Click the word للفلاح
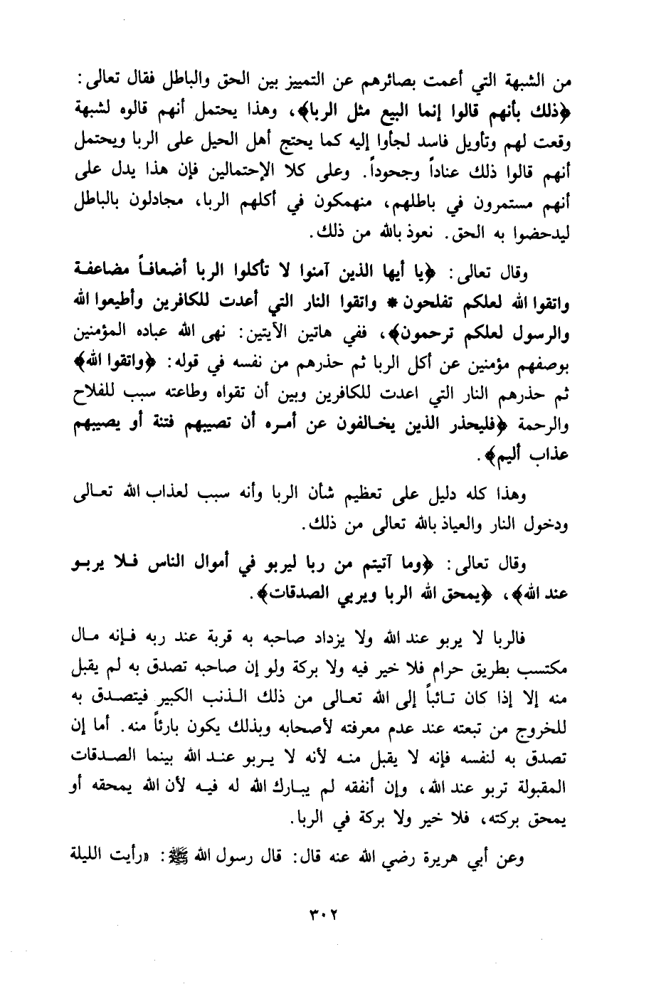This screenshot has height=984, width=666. tap(96, 393)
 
